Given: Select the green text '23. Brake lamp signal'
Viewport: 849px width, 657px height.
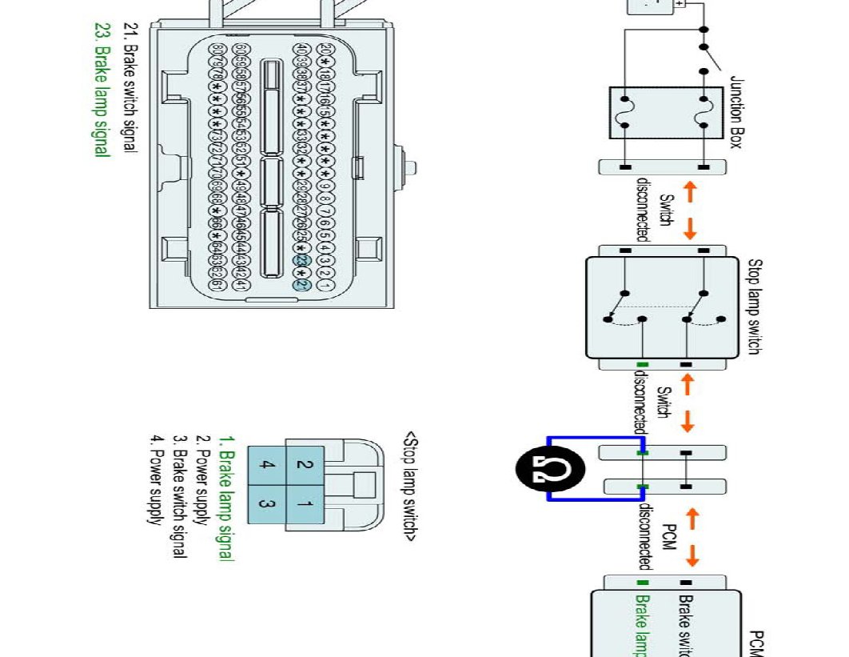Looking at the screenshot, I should coord(101,88).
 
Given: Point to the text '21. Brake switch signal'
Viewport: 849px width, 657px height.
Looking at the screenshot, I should coord(127,88).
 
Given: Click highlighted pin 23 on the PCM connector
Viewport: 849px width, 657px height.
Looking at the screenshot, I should coord(302,261).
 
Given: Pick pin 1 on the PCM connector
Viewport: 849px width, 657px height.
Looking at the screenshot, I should coord(325,284).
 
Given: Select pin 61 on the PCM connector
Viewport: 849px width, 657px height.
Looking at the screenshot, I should coord(217,284).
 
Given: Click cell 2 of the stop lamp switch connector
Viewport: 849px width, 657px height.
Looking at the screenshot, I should coord(305,464).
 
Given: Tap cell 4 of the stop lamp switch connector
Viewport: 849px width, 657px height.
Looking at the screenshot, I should coord(267,464).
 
